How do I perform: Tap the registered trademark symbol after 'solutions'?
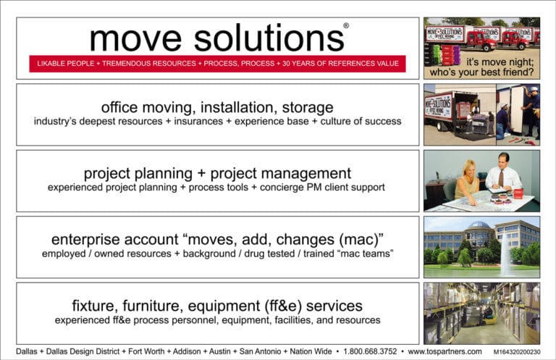[x=345, y=25]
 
